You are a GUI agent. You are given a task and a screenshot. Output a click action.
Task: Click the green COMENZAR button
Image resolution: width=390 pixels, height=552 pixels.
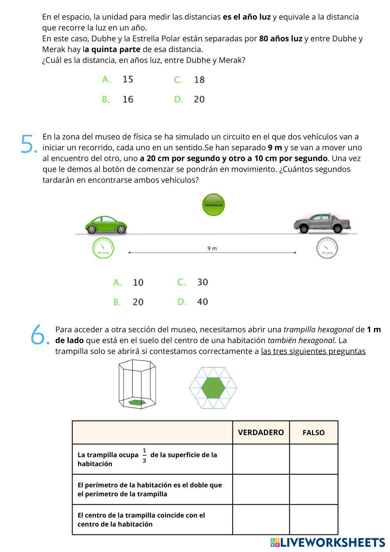(x=213, y=205)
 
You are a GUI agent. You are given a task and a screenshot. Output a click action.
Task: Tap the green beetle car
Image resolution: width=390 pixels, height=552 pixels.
(x=106, y=224)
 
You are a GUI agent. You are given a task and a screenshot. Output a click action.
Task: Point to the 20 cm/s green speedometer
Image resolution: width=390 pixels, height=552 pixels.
(x=103, y=248)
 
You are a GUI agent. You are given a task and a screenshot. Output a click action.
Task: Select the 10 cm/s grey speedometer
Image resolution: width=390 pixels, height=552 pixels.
(x=327, y=248)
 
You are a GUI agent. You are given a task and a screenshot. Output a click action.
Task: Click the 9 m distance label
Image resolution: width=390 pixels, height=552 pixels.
(x=212, y=248)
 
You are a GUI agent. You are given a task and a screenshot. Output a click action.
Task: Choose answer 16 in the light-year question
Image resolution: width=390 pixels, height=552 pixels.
(x=128, y=99)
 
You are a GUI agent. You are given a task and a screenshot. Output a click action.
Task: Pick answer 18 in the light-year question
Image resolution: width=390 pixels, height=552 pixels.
(x=199, y=80)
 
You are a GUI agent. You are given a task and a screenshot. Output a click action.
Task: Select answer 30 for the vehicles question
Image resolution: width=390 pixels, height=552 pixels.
(x=202, y=282)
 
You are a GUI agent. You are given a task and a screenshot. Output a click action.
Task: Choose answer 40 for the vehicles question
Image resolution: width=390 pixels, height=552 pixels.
(x=202, y=301)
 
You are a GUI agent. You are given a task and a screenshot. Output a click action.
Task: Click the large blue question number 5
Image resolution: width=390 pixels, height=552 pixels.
(x=28, y=144)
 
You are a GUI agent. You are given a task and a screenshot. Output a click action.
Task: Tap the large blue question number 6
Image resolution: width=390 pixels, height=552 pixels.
(x=39, y=335)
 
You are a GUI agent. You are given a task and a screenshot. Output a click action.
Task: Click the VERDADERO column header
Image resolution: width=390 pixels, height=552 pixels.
(x=261, y=433)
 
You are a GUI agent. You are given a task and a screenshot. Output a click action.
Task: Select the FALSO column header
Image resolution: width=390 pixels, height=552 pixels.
(x=314, y=433)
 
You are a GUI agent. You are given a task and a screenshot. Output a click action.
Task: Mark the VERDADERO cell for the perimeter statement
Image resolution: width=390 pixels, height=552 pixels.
(x=261, y=490)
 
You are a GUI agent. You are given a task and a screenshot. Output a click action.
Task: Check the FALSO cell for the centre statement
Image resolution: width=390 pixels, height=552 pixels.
(x=314, y=520)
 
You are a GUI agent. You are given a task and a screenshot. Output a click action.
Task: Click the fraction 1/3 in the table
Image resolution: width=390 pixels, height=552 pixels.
(x=144, y=455)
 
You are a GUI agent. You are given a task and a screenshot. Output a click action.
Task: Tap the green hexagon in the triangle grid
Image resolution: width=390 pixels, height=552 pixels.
(x=213, y=388)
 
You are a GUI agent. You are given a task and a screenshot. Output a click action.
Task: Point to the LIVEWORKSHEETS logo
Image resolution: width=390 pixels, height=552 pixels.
(x=328, y=542)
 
